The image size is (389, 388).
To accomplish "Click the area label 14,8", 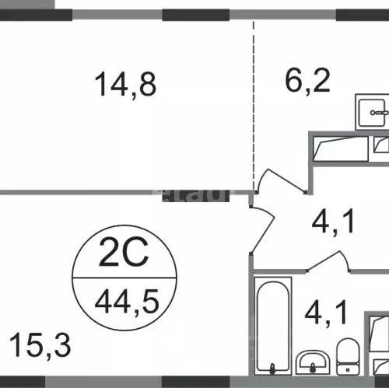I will (x=125, y=83).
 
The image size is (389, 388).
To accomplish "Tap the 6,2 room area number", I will (x=306, y=79).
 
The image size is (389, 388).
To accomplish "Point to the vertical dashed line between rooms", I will (x=254, y=101).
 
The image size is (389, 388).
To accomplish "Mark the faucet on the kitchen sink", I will (x=380, y=113).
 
